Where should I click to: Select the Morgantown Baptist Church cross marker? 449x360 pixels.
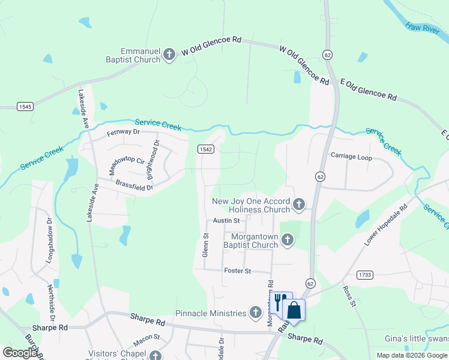[x=288, y=241]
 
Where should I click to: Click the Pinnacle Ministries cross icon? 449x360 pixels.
[x=256, y=313]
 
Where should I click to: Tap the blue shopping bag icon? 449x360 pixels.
[x=294, y=311]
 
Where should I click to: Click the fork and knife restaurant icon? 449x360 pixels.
[x=280, y=301]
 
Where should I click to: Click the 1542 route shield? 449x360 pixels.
[x=206, y=149]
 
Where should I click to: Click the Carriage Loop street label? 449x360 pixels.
[x=351, y=158]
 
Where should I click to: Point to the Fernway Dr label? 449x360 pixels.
[x=123, y=132]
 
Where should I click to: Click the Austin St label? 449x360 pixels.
[x=226, y=221]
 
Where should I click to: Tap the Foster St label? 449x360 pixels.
[x=237, y=271]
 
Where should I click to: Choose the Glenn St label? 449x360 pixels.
[x=205, y=246]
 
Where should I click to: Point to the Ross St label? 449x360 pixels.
[x=349, y=296]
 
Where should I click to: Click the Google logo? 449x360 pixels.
[x=19, y=353]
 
